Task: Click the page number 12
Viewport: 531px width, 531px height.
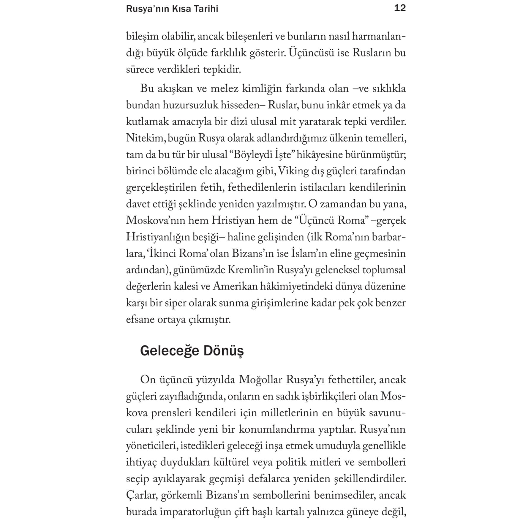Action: tap(399, 8)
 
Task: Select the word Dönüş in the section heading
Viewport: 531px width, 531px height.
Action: tap(223, 351)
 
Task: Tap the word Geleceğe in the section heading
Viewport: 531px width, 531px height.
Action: tap(170, 351)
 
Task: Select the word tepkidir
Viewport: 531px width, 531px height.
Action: tap(222, 69)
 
